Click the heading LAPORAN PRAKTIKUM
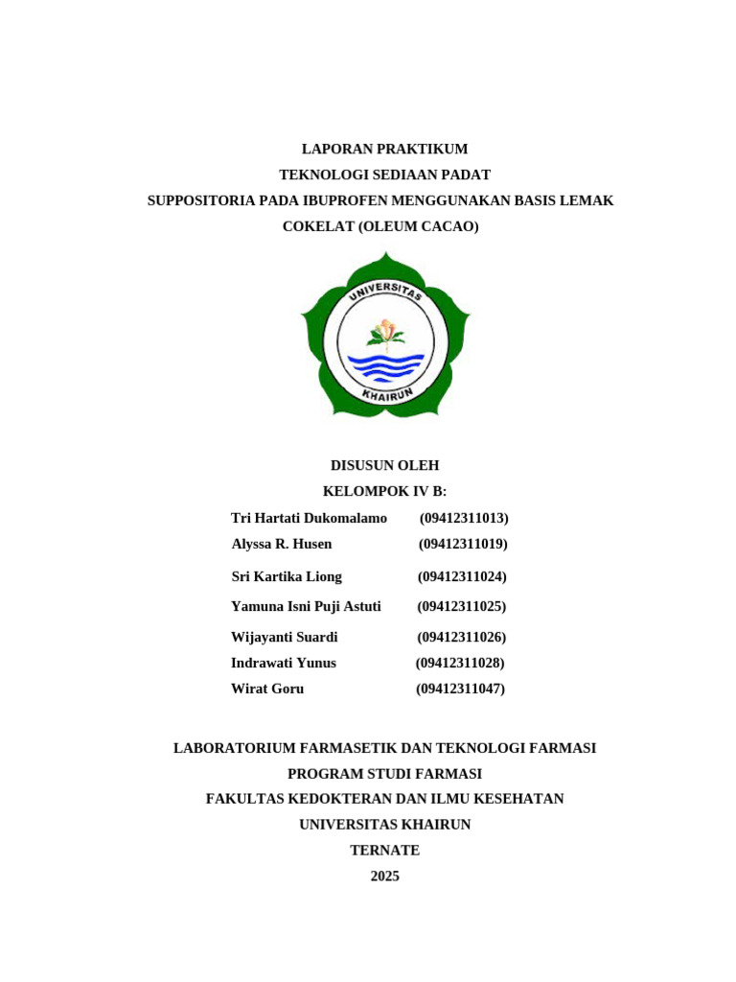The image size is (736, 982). [x=384, y=149]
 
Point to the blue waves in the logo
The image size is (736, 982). [x=385, y=366]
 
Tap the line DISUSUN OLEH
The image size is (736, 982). [x=384, y=465]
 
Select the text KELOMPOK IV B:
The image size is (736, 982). [x=384, y=491]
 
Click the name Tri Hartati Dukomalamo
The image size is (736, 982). [x=309, y=518]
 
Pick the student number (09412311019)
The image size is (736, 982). [x=463, y=544]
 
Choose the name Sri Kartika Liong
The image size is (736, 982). [x=287, y=576]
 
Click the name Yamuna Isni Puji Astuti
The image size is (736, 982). [x=306, y=606]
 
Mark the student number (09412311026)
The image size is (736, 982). [x=462, y=637]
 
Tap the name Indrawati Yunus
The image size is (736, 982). [x=284, y=663]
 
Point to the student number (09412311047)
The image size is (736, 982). [x=460, y=689]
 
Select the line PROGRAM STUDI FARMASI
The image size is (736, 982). [x=384, y=773]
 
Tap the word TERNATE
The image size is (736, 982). [x=384, y=850]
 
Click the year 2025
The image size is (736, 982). [x=384, y=876]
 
